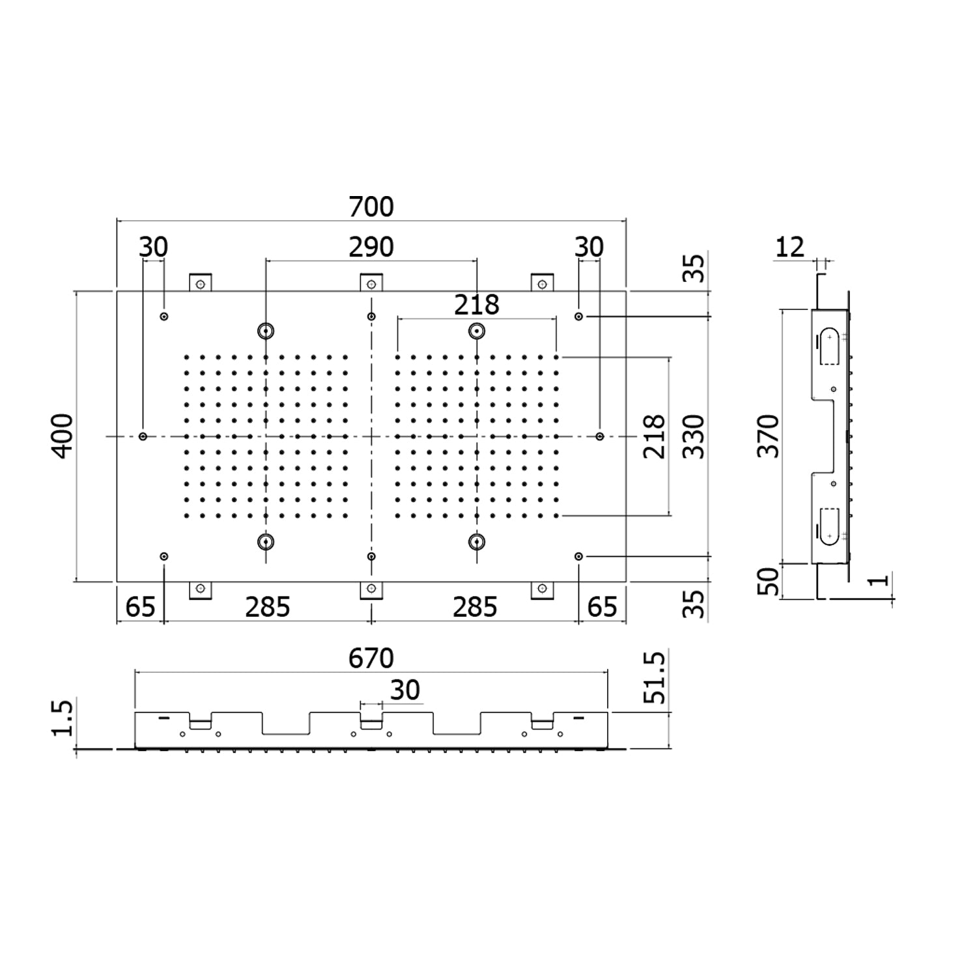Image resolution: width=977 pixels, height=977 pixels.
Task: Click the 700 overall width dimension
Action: coord(371,206)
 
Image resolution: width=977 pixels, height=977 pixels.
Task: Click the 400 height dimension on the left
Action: coord(63,436)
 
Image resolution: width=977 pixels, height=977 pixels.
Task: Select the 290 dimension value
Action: coord(371,247)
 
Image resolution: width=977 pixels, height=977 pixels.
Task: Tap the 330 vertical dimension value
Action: coord(694,436)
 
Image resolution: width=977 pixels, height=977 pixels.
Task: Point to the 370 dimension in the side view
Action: coord(769,436)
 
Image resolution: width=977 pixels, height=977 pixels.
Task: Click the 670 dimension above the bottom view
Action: coord(371,658)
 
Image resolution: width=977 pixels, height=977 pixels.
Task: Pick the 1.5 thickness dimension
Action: coord(63,717)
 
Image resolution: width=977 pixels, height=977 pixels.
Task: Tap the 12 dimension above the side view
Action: coord(790,247)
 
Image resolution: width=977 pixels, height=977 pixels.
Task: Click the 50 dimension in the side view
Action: coord(769,581)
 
